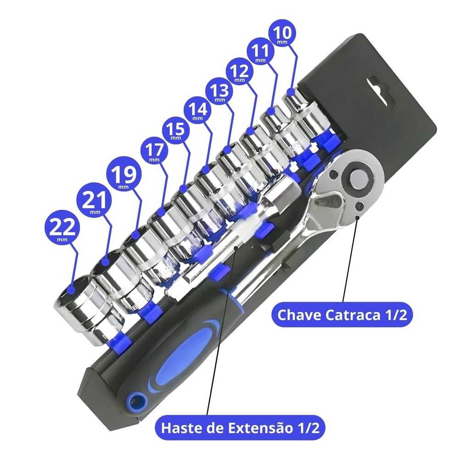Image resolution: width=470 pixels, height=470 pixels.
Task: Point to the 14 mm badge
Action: pos(197,111)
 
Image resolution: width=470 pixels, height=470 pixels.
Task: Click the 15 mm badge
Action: pos(176,130)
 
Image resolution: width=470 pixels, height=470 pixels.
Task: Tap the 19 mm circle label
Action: pos(124,175)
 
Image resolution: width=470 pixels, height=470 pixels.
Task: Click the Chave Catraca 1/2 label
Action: pos(342,315)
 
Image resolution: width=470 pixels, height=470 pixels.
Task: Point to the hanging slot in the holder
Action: pos(378,90)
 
